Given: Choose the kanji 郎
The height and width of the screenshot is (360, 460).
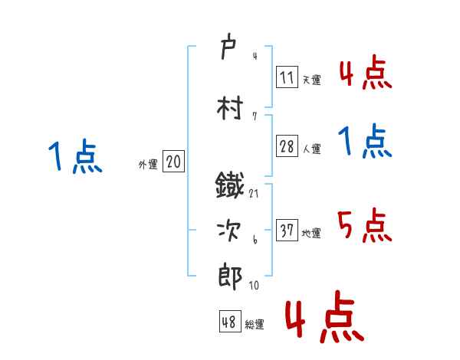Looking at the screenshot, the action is tap(230, 277).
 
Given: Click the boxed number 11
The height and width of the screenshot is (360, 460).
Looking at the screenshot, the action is tap(287, 77).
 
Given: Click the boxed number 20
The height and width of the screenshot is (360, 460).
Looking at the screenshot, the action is tap(173, 162).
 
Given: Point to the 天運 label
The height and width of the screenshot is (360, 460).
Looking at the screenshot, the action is tap(311, 80).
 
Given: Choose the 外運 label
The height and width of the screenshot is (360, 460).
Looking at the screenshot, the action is tap(147, 164).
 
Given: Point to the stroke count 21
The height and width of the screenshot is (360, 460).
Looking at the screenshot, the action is tap(254, 193).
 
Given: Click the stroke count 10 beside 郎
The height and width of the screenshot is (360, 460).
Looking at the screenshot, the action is tap(254, 285).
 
